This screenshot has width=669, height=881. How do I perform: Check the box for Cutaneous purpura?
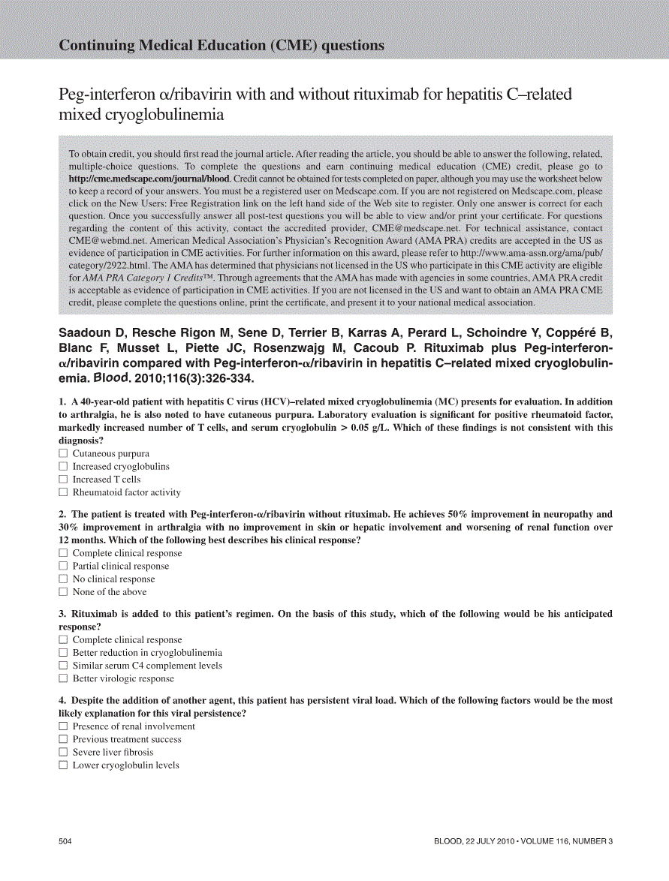[63, 453]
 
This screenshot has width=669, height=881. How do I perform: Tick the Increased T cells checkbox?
[63, 480]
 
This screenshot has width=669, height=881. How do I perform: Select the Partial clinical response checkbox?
[63, 567]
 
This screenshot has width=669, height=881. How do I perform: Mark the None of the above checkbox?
[63, 592]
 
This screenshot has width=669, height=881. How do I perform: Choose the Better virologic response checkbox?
[63, 679]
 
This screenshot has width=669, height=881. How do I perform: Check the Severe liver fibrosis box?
[63, 753]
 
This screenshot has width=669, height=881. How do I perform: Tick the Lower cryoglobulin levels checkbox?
[63, 765]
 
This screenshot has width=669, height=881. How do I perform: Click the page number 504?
[65, 841]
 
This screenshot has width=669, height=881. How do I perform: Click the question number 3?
[62, 614]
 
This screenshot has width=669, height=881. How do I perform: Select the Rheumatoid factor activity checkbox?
[63, 492]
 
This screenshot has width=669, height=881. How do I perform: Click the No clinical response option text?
[113, 579]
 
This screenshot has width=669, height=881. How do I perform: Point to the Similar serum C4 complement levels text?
[147, 666]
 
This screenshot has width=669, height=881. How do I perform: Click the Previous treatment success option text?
[127, 739]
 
